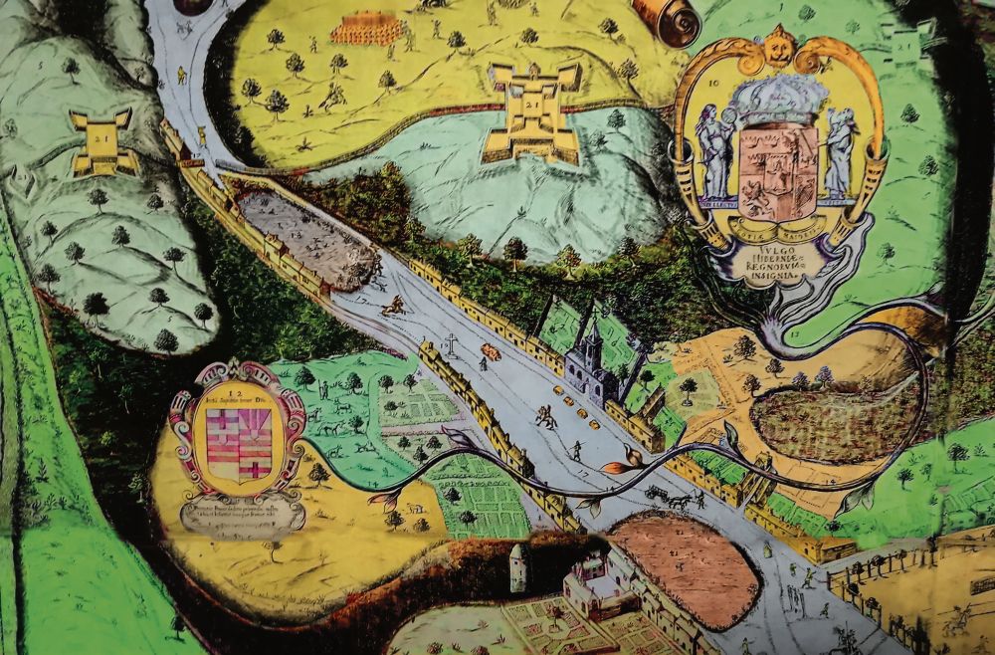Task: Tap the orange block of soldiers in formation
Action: tap(367, 30)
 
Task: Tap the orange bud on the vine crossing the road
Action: tap(614, 465)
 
